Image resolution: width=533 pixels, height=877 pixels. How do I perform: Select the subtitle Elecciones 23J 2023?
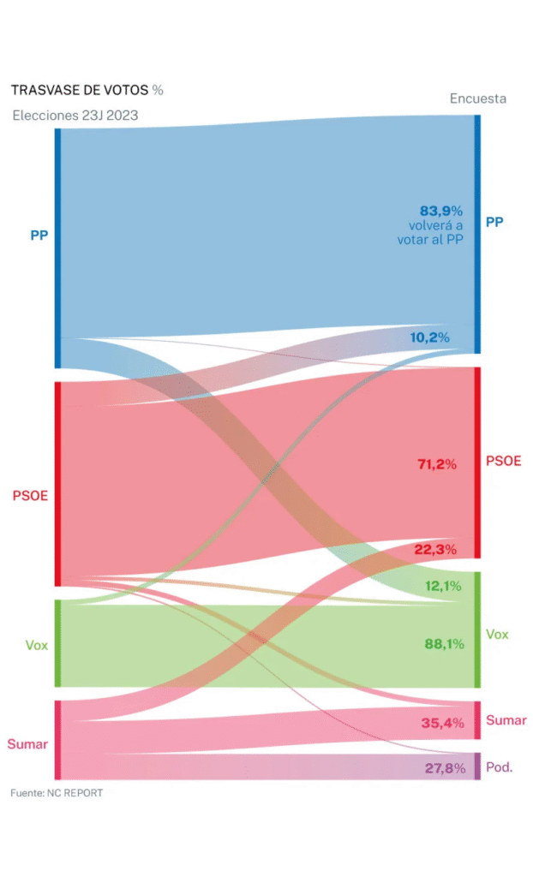(75, 116)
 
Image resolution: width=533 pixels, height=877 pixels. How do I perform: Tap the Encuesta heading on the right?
(477, 98)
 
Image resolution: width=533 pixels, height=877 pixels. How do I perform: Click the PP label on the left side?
(39, 235)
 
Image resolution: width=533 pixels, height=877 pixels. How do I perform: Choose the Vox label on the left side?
(36, 644)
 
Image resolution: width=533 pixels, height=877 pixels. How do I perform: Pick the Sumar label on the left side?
(27, 743)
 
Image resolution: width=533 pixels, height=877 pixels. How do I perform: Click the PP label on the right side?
(494, 222)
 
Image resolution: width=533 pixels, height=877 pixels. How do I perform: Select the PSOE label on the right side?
(503, 462)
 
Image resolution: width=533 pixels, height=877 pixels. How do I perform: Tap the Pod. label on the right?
(499, 767)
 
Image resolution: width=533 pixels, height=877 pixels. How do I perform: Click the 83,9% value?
(441, 210)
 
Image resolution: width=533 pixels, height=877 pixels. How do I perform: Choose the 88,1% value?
(442, 644)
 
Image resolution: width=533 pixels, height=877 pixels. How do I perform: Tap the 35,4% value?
(442, 723)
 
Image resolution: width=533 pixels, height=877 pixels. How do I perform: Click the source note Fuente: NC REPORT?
(57, 793)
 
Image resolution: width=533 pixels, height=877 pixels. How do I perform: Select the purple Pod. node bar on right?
(477, 766)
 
